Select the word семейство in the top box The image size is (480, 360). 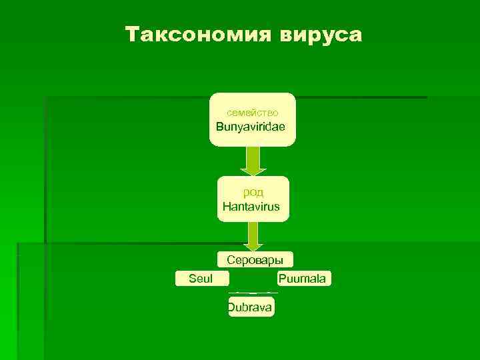252,113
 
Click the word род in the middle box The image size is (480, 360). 253,193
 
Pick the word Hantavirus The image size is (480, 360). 251,207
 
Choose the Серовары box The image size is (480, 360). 255,260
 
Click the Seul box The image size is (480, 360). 201,278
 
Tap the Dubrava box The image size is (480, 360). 251,307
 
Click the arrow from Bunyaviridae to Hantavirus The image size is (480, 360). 251,161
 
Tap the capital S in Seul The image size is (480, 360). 193,278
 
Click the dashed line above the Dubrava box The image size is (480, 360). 253,292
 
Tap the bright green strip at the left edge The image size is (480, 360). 7,267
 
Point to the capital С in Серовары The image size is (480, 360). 231,260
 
